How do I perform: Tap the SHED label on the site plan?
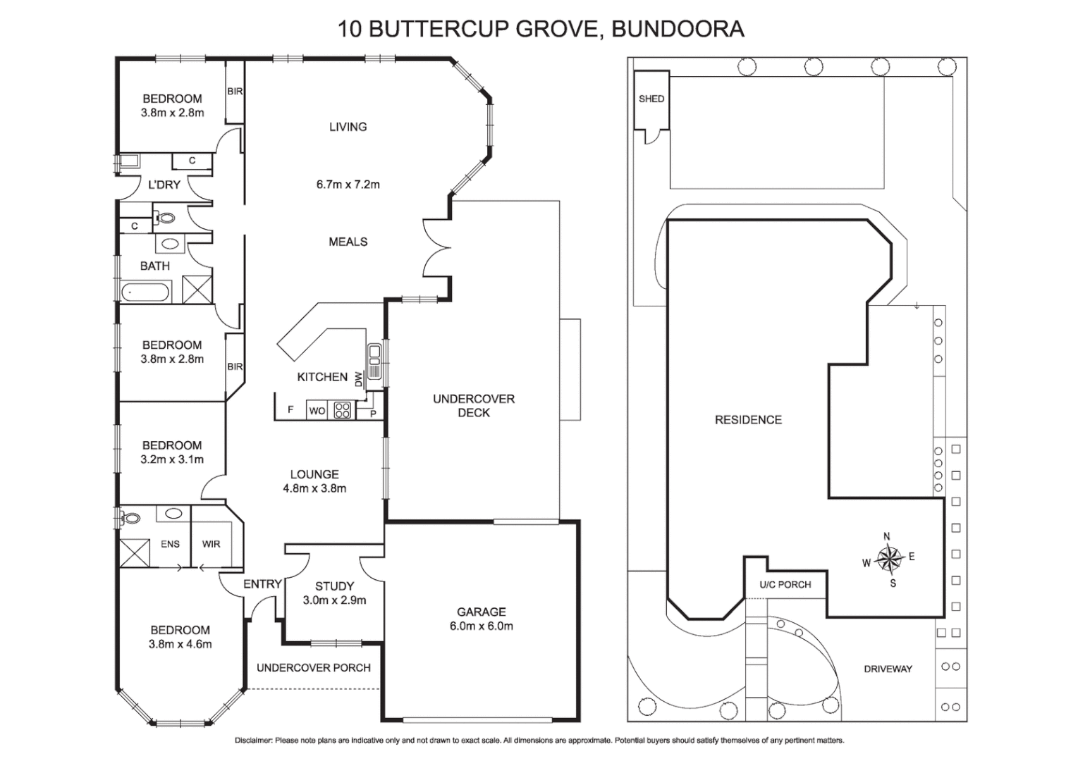coord(651,99)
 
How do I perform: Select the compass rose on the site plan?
coord(890,559)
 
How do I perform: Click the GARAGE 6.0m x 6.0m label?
coord(481,619)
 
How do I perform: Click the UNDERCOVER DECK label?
coord(474,406)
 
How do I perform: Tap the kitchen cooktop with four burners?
coord(343,410)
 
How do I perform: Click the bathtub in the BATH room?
coord(146,291)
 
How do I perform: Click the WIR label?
coord(211,544)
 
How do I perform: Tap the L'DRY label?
coord(164,185)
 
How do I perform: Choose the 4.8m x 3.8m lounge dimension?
coord(314,488)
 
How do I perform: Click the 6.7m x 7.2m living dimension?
coord(348,185)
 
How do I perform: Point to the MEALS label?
coord(348,242)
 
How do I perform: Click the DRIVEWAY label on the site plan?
coord(888,669)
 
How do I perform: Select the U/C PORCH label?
coord(785,585)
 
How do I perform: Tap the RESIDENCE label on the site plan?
coord(748,420)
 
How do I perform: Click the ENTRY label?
coord(262,584)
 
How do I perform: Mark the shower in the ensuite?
coord(135,552)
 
